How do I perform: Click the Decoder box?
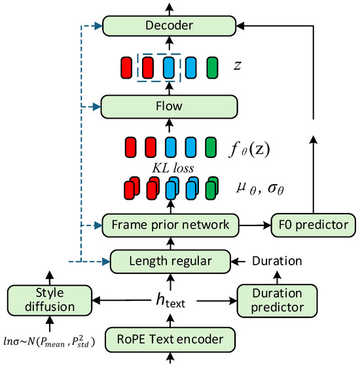click(168, 26)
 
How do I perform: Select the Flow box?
click(168, 105)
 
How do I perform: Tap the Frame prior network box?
click(168, 225)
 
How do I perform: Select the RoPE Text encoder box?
click(168, 339)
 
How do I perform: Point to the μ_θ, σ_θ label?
click(261, 189)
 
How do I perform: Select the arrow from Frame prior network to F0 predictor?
click(255, 225)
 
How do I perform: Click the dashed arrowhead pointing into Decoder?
click(98, 26)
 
